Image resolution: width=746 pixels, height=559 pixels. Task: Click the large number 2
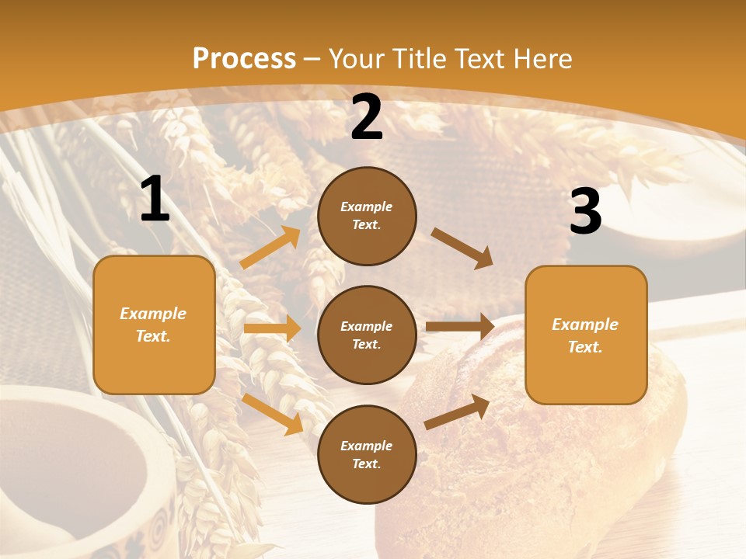coord(367,117)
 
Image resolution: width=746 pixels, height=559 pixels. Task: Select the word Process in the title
coord(244,58)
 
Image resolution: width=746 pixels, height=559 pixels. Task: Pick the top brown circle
coord(367,216)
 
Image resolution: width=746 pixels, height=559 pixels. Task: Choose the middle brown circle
coord(367,335)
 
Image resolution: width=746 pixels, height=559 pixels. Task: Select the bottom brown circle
coord(367,454)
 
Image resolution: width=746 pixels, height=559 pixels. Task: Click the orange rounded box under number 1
coord(154,325)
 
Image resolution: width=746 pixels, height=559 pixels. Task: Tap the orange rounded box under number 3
coord(585,335)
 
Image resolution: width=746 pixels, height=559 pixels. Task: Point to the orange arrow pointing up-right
coord(270,248)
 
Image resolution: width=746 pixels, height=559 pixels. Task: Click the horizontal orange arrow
coord(272,328)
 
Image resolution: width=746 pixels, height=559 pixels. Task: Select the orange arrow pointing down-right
coord(273,413)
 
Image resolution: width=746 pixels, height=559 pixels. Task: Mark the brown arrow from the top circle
coord(462,248)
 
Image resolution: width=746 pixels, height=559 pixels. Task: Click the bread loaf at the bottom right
coord(544,450)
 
